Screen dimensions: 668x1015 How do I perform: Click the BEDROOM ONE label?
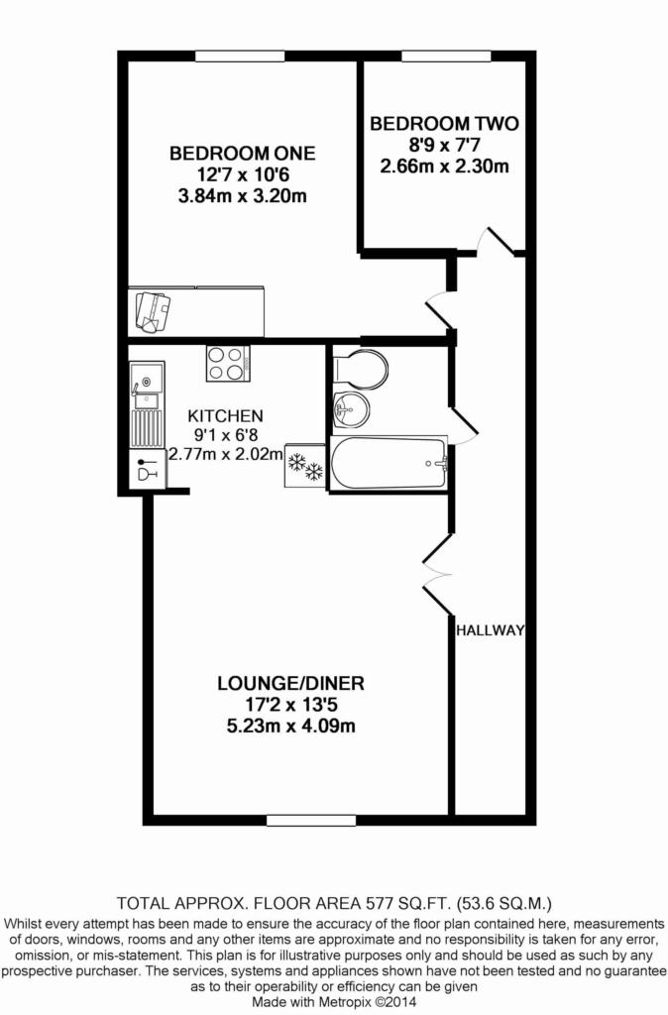243,154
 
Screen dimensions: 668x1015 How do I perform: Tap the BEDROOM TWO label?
444,124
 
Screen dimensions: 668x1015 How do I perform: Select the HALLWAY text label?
490,630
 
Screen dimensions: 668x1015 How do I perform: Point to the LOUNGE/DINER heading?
290,683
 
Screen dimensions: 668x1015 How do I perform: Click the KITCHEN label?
225,415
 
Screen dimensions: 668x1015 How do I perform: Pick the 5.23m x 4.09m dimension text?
290,726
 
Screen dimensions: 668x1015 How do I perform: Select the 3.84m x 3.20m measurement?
243,195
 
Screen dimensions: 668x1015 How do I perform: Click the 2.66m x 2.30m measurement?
444,166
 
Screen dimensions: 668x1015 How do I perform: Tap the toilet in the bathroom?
360,369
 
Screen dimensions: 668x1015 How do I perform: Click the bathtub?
389,464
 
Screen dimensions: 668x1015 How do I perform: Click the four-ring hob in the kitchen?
228,363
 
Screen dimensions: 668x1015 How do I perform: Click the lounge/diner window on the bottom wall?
311,820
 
